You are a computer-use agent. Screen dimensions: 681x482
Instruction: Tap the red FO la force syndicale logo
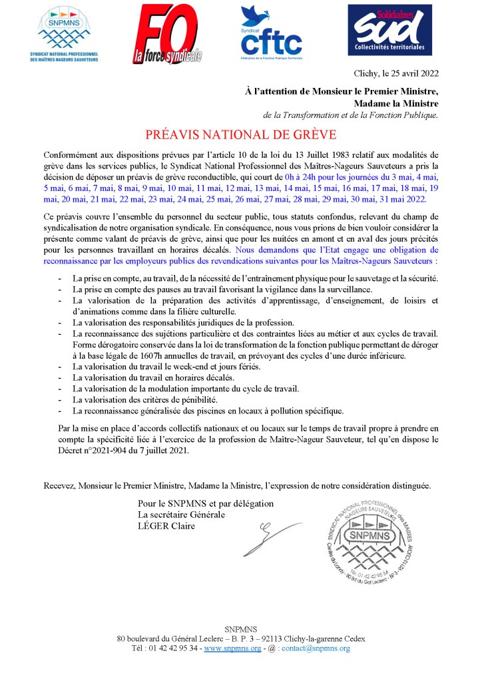(x=167, y=33)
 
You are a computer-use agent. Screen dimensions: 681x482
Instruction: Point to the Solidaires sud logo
(x=389, y=29)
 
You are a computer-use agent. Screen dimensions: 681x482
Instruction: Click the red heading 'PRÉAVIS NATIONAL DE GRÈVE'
(x=241, y=132)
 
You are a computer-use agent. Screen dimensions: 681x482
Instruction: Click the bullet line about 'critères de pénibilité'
(x=155, y=399)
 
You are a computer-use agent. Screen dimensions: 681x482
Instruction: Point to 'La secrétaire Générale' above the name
(x=181, y=515)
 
